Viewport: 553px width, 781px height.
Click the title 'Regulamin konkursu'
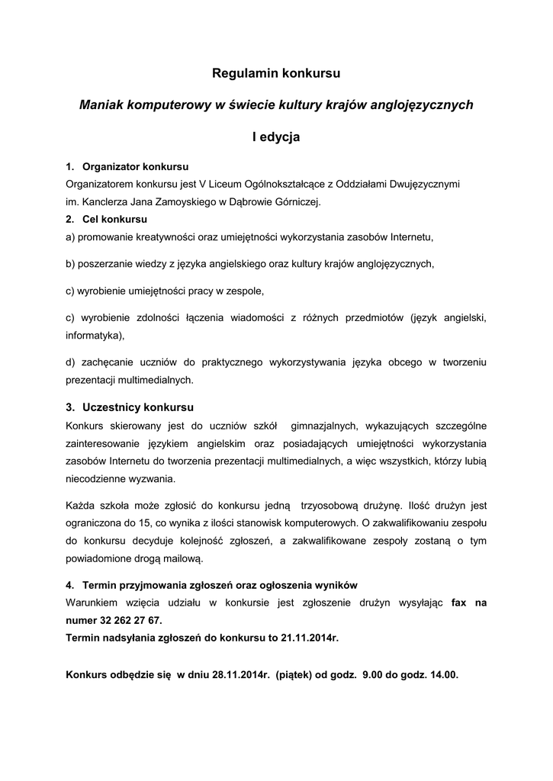276,74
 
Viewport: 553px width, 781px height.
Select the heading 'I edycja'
276,137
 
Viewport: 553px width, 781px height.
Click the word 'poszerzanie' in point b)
103,264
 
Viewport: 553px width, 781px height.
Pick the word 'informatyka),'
95,334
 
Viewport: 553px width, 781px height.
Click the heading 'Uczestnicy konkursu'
138,407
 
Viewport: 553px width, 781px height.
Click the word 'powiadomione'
98,559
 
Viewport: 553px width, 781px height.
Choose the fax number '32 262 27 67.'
131,621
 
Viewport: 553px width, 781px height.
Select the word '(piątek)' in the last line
294,675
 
